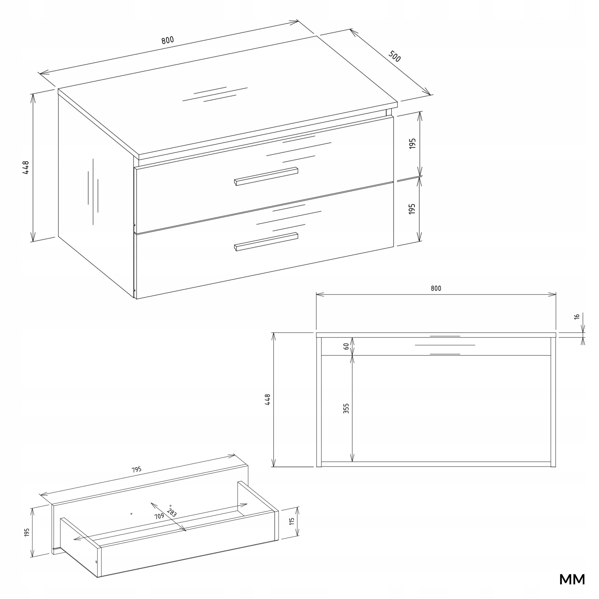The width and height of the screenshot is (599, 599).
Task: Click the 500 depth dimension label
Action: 394,56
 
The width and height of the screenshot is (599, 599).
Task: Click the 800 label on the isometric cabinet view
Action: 168,40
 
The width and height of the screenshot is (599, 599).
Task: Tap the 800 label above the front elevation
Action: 436,288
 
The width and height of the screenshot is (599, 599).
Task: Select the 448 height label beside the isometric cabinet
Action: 26,168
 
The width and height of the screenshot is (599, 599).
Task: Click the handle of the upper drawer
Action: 266,176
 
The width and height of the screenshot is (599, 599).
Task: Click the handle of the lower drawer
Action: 266,241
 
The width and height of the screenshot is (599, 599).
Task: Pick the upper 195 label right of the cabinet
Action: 412,143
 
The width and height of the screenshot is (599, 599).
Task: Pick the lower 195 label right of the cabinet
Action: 412,209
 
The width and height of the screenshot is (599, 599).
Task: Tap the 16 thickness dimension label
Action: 577,317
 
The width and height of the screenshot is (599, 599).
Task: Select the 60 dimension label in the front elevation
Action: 346,346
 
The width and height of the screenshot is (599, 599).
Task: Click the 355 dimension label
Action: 346,408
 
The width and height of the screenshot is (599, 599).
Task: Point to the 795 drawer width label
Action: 136,470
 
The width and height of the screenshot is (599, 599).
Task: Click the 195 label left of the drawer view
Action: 27,533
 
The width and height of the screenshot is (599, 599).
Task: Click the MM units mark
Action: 572,580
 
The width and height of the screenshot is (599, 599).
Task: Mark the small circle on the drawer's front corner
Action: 96,562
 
